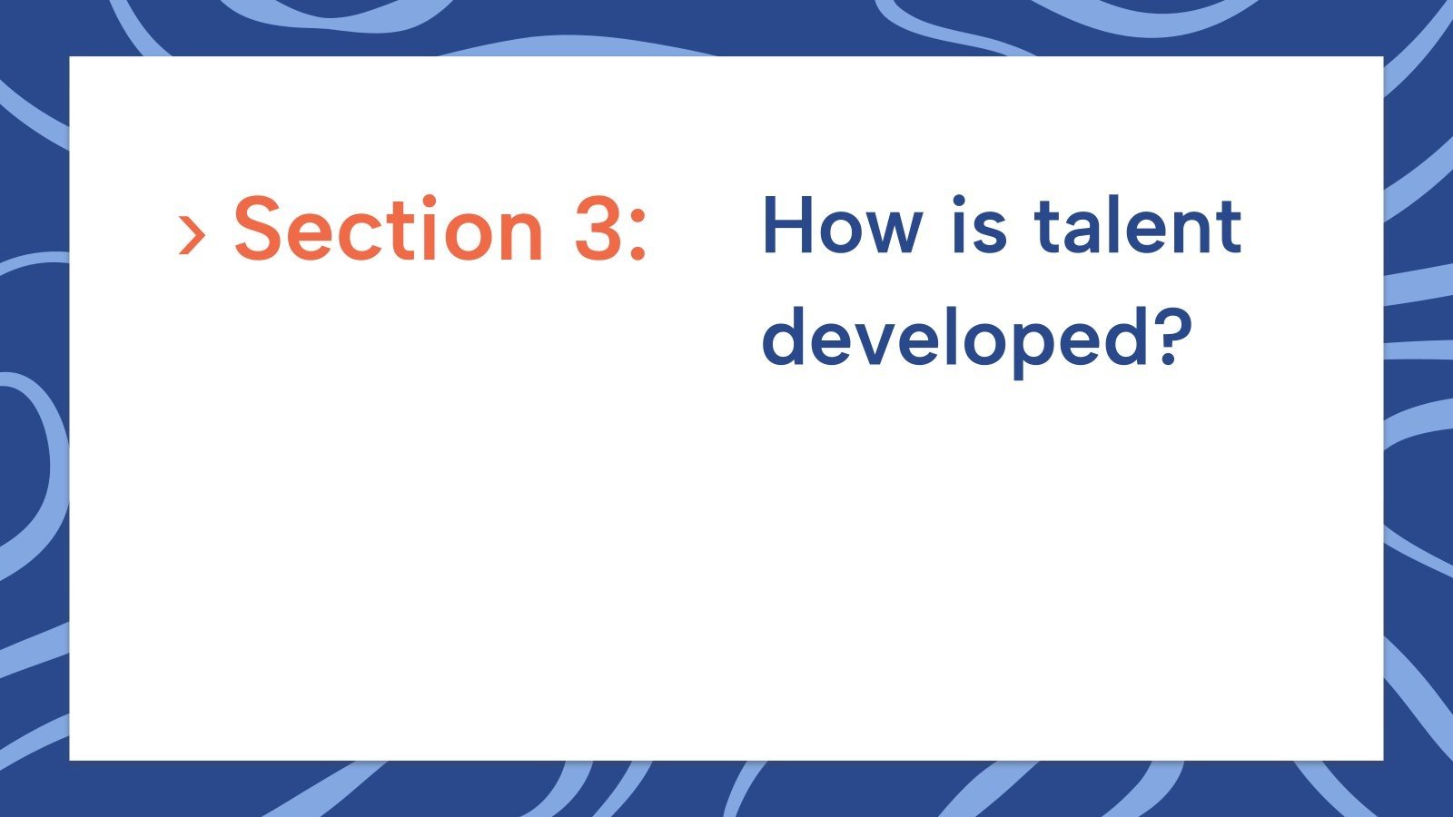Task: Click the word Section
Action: (x=388, y=229)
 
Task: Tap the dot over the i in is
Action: (x=960, y=200)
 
